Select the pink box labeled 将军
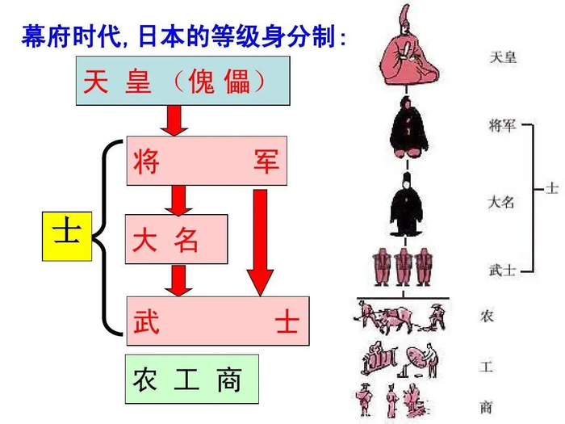206,161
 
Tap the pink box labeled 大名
175,239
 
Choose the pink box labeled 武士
216,321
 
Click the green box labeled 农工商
191,379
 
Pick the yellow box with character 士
67,235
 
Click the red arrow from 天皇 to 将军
174,120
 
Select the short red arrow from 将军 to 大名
179,199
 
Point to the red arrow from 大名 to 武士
179,279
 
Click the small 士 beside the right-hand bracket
552,188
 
